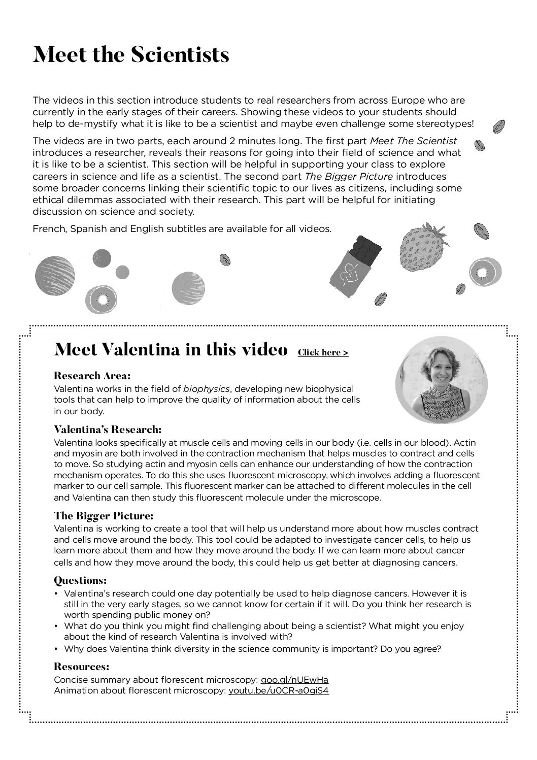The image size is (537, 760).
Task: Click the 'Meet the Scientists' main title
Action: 131,55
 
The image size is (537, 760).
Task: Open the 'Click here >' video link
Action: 323,352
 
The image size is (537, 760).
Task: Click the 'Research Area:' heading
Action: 92,376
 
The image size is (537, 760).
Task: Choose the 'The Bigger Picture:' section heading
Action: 104,516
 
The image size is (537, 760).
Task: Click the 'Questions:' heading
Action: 80,580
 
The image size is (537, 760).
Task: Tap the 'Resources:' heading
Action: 81,667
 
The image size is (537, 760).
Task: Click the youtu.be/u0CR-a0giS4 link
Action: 279,691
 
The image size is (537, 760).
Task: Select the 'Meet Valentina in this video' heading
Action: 171,350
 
